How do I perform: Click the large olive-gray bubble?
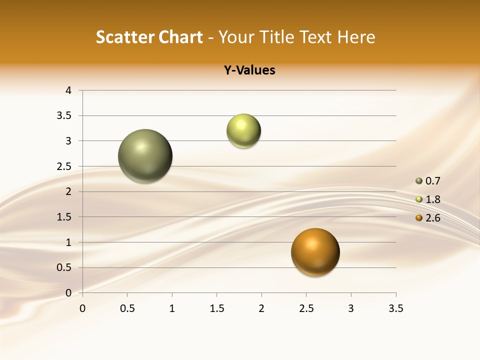(x=145, y=156)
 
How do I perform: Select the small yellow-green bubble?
(x=243, y=131)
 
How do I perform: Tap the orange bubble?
(x=315, y=252)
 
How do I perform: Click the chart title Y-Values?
(x=249, y=70)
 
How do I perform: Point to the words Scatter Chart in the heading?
(x=149, y=37)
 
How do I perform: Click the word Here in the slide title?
(x=355, y=37)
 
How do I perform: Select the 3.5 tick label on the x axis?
(x=395, y=308)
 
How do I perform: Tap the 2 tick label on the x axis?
(x=261, y=308)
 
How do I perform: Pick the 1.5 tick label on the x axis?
(x=216, y=308)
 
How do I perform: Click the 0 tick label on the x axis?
(x=82, y=308)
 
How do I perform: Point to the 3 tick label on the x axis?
(x=351, y=308)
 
